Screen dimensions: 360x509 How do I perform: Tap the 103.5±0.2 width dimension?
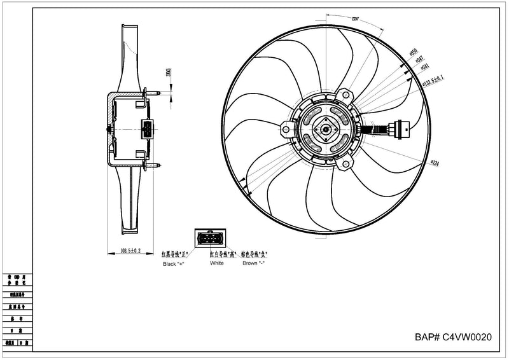[130, 251]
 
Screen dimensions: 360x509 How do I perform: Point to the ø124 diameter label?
[436, 163]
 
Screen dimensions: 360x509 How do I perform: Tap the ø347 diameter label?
[419, 59]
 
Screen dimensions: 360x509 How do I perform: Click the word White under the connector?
[216, 263]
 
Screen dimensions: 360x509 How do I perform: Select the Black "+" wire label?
[174, 263]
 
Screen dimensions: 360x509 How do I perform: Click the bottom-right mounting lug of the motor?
[346, 165]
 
